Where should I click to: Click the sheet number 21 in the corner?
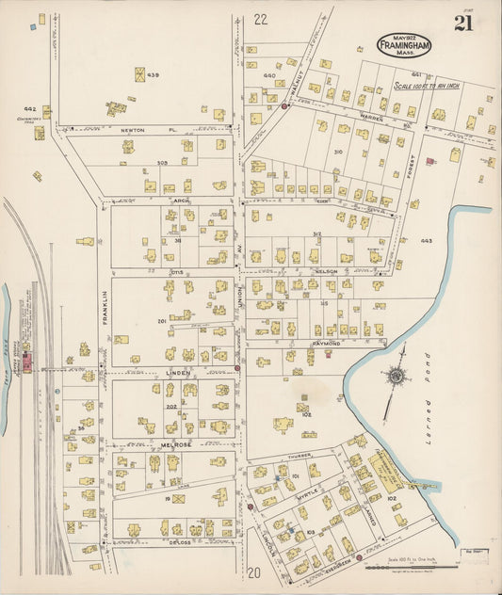click(462, 24)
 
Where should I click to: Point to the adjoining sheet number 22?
click(261, 19)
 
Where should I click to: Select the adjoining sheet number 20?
click(253, 571)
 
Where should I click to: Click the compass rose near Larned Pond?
click(397, 377)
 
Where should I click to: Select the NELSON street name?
click(327, 271)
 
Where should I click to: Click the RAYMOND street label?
click(325, 345)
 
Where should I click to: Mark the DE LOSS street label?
click(181, 542)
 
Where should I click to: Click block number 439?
click(153, 75)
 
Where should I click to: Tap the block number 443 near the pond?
click(426, 241)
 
